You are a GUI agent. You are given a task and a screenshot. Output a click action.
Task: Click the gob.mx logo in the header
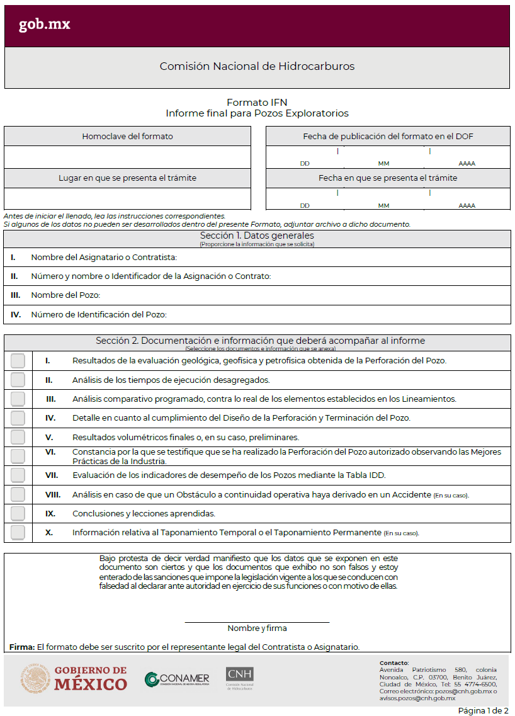click(x=44, y=25)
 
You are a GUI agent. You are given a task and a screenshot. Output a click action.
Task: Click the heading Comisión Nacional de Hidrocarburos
click(x=257, y=66)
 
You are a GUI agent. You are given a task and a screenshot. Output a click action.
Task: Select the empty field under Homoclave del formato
click(x=127, y=157)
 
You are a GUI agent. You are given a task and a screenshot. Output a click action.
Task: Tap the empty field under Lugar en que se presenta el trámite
click(x=127, y=198)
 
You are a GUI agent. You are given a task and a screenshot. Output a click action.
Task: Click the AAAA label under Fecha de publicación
click(x=467, y=164)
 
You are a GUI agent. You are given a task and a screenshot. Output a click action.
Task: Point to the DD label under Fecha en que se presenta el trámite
click(x=305, y=206)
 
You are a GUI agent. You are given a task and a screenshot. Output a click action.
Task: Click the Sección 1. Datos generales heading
click(x=257, y=236)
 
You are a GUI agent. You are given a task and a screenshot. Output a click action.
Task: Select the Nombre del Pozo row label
click(x=65, y=295)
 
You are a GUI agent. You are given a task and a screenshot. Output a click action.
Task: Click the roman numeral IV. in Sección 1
click(x=16, y=314)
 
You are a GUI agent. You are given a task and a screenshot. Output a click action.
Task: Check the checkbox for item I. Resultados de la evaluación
click(x=18, y=361)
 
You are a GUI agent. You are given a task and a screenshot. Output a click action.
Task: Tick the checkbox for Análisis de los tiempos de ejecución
click(x=18, y=380)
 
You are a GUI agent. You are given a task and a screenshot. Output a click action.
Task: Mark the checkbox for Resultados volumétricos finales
click(x=18, y=437)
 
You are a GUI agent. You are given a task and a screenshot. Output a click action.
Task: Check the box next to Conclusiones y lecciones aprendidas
click(x=18, y=513)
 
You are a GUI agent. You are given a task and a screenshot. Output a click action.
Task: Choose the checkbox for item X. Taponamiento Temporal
click(x=18, y=532)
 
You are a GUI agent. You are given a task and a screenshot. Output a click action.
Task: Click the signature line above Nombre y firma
click(x=257, y=622)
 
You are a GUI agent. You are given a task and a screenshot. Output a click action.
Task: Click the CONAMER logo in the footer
click(x=177, y=679)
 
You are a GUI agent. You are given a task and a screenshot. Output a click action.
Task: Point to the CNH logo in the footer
click(x=240, y=678)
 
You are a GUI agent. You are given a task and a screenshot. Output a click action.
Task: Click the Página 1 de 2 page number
click(x=482, y=710)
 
